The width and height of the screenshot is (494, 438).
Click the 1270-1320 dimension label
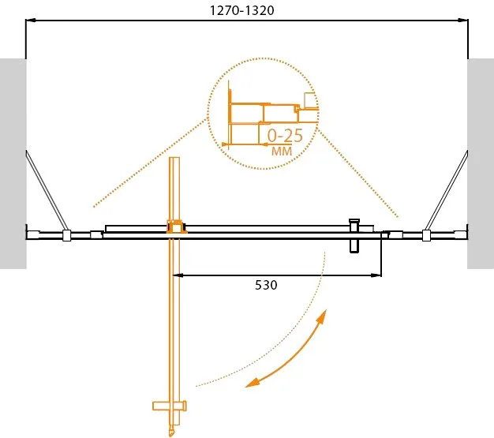point(242,10)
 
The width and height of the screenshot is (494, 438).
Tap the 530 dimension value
point(266,285)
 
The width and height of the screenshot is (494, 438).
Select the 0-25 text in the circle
point(285,136)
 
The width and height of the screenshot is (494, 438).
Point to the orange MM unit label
point(282,152)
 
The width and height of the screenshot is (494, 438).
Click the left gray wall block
point(13,164)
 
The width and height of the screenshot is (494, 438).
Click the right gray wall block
point(481,164)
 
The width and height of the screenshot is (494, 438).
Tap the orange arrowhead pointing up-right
point(322,317)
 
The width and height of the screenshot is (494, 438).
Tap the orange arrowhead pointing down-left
point(253,382)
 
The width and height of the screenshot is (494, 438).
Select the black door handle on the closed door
point(354,236)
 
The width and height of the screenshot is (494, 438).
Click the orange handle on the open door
point(170,406)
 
